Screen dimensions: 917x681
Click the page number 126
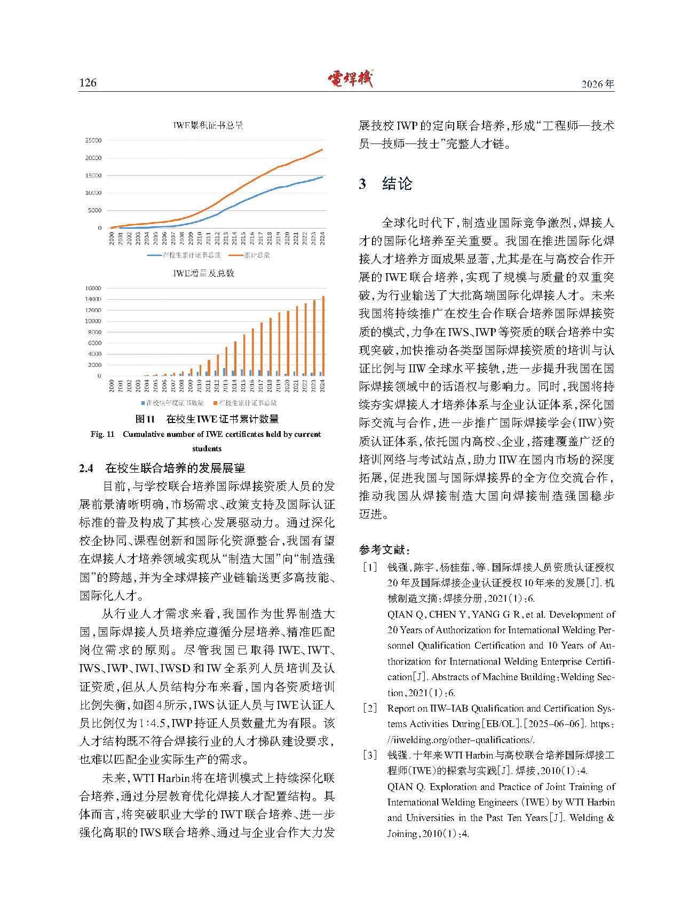[x=88, y=83]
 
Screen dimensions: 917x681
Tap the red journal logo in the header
[x=350, y=79]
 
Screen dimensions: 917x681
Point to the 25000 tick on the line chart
[x=93, y=140]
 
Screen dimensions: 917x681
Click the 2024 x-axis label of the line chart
[x=322, y=238]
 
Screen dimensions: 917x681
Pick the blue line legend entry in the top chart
[x=184, y=256]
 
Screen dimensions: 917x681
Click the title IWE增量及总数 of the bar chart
[x=203, y=273]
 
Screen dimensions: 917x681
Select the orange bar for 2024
[x=323, y=336]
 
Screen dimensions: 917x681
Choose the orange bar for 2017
[x=262, y=349]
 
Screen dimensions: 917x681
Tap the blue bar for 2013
[x=224, y=372]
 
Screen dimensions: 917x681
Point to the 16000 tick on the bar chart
[x=93, y=288]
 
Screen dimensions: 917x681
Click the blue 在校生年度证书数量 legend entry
[x=172, y=403]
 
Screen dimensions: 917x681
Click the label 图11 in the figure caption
[x=145, y=419]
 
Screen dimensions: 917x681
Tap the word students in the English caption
[x=207, y=449]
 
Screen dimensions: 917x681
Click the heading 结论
[x=397, y=184]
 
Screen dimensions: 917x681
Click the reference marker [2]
[x=369, y=708]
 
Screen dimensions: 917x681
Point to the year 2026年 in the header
[x=598, y=84]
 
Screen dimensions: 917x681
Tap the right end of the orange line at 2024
[x=322, y=150]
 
